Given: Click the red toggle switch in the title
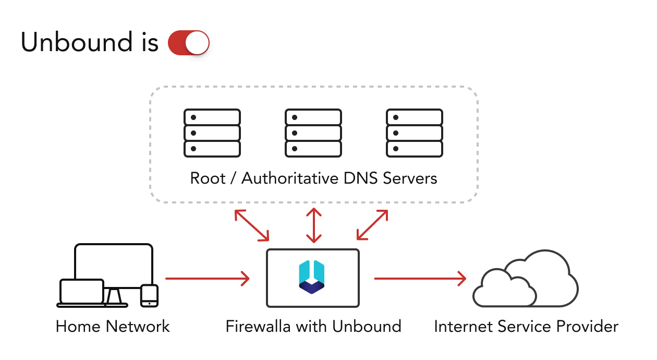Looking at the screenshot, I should point(188,43).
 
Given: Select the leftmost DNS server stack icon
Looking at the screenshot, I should point(212,133).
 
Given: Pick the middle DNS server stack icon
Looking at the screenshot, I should point(313,133).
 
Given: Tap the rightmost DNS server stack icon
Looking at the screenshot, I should point(415,133).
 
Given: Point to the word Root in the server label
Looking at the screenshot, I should point(208,178).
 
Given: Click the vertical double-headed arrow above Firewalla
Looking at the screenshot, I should point(313,225).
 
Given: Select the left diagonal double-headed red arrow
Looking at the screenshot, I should point(252,225).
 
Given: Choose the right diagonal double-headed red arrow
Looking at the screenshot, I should point(372,225).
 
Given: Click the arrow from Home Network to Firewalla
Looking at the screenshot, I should point(207,279).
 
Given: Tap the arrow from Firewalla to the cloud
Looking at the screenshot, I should point(420,279).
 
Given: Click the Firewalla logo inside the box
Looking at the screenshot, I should point(312,277).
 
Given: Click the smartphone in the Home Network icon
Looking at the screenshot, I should point(149,295).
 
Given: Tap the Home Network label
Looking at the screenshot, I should point(113,327).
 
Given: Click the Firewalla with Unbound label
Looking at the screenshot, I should point(313,327).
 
